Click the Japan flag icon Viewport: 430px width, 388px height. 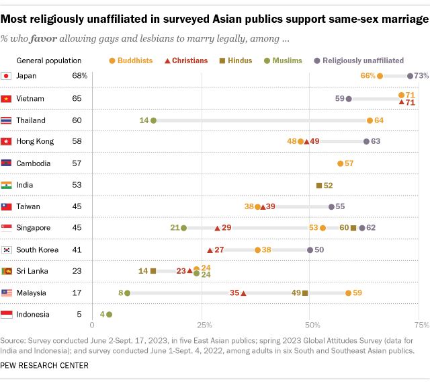click(7, 77)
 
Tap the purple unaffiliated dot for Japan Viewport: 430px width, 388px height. click(411, 77)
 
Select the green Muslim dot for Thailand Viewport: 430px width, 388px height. click(153, 120)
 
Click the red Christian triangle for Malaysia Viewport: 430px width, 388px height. click(243, 293)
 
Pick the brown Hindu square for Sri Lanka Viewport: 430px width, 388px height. click(153, 271)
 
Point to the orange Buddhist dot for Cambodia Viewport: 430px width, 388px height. click(341, 163)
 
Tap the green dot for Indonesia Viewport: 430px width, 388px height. click(110, 314)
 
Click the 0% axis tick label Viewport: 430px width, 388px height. click(91, 326)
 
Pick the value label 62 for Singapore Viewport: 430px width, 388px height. click(371, 228)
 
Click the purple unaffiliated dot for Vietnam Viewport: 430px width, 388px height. click(348, 99)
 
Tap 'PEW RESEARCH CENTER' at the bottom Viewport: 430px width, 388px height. click(45, 365)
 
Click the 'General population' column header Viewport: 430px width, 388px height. click(49, 61)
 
